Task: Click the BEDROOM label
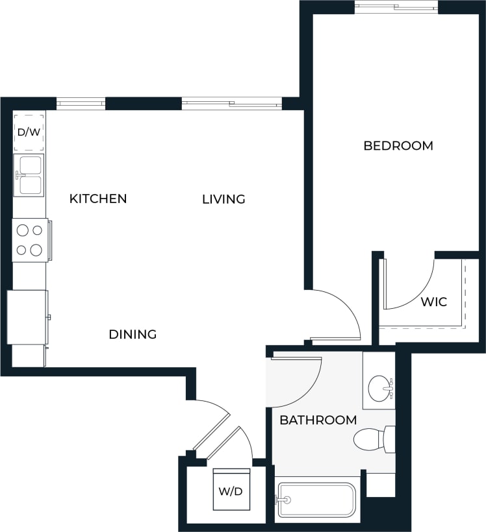pos(398,146)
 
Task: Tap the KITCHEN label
pos(98,199)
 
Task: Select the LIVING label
pos(224,199)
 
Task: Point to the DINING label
pos(133,335)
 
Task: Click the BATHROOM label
pos(318,420)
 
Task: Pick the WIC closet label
pos(433,302)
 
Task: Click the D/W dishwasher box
pos(29,132)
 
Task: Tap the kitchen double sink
pos(29,175)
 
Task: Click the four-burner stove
pos(30,239)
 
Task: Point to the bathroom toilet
pos(374,439)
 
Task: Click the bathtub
pos(316,500)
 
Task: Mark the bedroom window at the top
pos(396,7)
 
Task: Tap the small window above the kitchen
pos(81,103)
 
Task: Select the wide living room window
pos(231,103)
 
